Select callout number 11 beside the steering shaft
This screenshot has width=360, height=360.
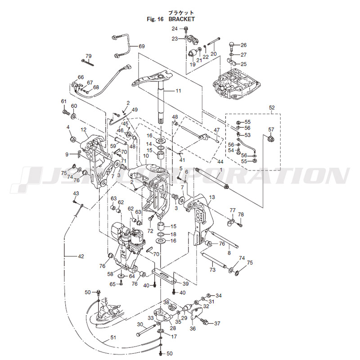point(178,91)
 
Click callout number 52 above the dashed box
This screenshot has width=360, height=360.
point(271,108)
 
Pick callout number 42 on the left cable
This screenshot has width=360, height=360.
point(81,256)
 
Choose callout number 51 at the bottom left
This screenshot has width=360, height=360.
point(113,337)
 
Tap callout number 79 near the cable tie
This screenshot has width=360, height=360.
point(88,56)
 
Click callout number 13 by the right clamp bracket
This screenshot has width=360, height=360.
point(212,197)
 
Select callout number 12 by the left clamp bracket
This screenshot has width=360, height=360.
point(84,130)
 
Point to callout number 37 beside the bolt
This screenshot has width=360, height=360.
point(217,324)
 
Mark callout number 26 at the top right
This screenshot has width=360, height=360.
point(243,45)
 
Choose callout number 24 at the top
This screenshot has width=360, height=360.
point(175,29)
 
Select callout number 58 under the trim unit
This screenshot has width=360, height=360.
point(110,274)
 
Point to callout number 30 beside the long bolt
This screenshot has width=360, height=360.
point(140,324)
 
